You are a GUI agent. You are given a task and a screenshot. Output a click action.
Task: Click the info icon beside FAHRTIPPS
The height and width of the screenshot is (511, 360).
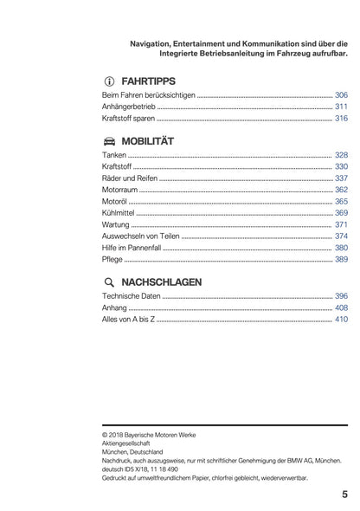pos(109,76)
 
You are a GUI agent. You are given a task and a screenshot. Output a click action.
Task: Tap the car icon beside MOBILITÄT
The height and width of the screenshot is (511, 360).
pos(109,139)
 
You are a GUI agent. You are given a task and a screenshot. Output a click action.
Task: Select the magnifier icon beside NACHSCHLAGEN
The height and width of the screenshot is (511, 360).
pos(109,281)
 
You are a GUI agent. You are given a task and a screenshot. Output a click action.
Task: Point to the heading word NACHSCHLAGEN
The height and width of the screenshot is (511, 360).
pos(163,281)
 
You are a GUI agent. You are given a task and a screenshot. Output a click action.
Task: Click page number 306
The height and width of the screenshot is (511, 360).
pos(341,94)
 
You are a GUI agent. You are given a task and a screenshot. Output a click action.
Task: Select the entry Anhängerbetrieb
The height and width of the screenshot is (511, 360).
pos(129,107)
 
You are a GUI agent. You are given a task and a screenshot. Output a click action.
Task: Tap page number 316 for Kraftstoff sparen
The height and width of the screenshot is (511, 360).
pos(341,119)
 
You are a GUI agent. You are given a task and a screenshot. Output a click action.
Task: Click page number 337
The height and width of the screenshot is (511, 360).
pos(341,178)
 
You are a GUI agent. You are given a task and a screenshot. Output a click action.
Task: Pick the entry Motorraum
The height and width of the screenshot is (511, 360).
pos(120,189)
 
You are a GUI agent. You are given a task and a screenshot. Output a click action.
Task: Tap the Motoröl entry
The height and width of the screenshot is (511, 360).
pos(115,201)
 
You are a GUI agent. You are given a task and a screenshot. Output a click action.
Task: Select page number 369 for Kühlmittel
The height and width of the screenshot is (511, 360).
pos(341,212)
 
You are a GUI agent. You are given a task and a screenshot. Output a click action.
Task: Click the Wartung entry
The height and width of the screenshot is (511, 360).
pos(116,224)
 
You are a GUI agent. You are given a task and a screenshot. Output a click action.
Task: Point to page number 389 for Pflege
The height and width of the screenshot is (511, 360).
pos(341,260)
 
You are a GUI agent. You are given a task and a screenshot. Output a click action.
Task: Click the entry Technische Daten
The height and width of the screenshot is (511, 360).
pos(131,296)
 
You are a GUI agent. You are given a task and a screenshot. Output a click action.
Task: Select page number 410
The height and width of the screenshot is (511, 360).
pos(341,320)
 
